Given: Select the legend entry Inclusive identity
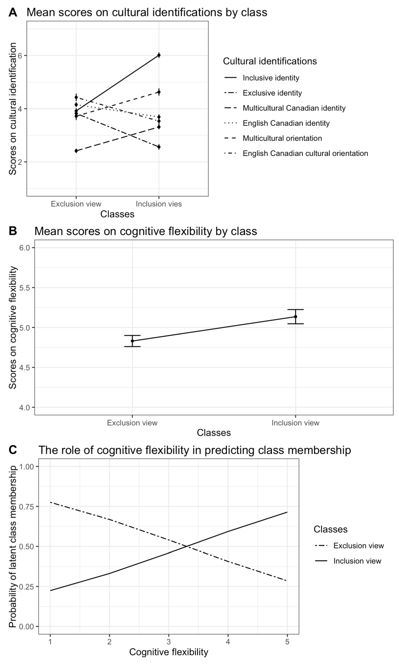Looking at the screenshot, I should [271, 78].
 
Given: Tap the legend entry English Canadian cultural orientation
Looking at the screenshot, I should [305, 153].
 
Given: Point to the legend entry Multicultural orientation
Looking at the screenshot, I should [282, 138].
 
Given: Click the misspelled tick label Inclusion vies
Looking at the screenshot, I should [159, 204].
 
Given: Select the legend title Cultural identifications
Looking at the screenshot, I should [270, 61].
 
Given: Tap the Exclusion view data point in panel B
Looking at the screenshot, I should [132, 341].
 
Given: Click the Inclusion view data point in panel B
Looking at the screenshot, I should [296, 317].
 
